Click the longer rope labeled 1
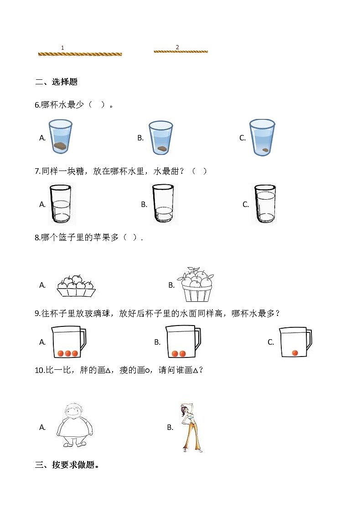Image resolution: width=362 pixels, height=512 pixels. (x=80, y=54)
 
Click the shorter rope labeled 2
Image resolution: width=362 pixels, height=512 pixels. (x=181, y=52)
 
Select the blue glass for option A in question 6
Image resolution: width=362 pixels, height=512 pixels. (x=61, y=137)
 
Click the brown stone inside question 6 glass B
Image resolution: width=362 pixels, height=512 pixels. (x=162, y=148)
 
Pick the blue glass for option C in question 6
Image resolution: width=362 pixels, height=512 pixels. (x=262, y=138)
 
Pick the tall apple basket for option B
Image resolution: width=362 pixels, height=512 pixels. (x=197, y=284)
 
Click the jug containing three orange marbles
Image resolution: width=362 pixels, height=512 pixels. (x=68, y=342)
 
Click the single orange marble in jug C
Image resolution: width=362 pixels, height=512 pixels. (x=295, y=353)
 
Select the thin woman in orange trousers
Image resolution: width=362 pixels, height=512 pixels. (x=189, y=427)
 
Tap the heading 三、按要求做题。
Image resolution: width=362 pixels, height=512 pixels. (x=67, y=465)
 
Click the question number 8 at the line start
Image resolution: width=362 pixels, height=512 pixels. (x=37, y=237)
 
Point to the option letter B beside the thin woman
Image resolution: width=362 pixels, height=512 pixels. (x=171, y=427)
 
